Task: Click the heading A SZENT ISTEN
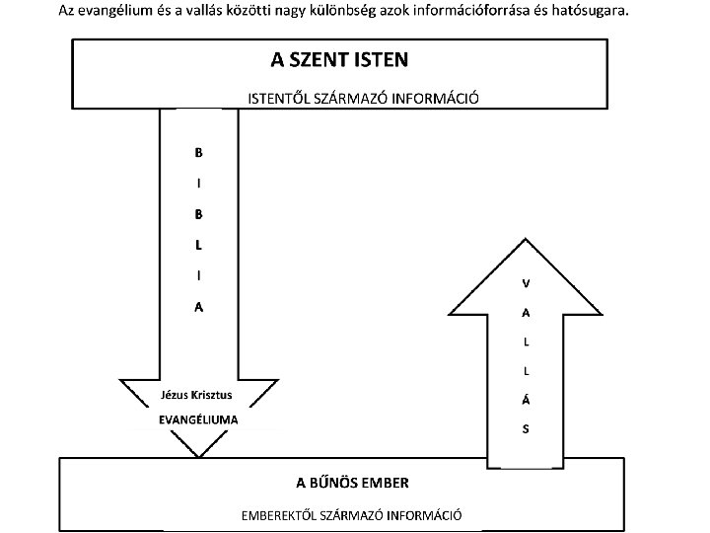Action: (339, 59)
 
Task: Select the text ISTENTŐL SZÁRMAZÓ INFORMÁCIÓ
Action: (362, 99)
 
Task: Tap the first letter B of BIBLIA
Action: (198, 153)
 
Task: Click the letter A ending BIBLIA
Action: (198, 307)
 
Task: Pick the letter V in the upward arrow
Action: (526, 283)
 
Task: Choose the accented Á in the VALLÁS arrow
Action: (526, 400)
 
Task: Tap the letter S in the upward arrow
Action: (526, 429)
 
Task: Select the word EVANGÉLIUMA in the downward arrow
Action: (198, 419)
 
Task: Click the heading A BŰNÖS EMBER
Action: (352, 483)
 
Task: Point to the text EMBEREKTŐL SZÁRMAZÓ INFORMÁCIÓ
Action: (352, 515)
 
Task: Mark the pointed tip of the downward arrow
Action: (199, 456)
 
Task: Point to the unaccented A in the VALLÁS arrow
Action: (526, 313)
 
